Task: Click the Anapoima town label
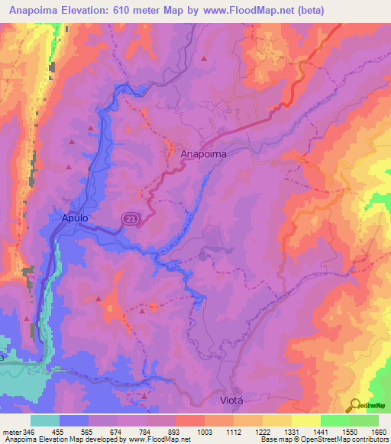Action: pyautogui.click(x=205, y=153)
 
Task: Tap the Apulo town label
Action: pyautogui.click(x=75, y=218)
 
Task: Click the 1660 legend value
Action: pyautogui.click(x=379, y=431)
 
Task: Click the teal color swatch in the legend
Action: pyautogui.click(x=45, y=420)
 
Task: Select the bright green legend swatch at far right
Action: pyautogui.click(x=364, y=420)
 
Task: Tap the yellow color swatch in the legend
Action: pyautogui.click(x=306, y=420)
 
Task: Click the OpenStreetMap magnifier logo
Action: pyautogui.click(x=356, y=406)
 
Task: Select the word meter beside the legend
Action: pyautogui.click(x=12, y=431)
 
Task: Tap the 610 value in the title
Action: pyautogui.click(x=131, y=11)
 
